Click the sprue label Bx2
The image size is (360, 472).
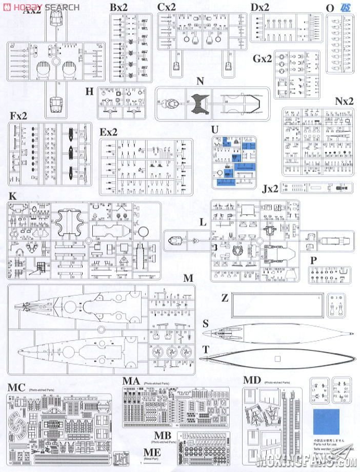[118, 8]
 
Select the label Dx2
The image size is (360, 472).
[260, 8]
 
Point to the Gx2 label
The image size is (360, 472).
[262, 58]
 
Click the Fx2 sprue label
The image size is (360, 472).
[18, 116]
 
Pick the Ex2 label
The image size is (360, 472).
[109, 132]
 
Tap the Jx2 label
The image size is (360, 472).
[270, 189]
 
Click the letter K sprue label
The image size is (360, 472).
[13, 196]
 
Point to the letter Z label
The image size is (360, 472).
[225, 298]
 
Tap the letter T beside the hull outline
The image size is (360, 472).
[206, 350]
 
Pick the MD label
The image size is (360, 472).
[252, 380]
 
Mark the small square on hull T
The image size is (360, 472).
[277, 358]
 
